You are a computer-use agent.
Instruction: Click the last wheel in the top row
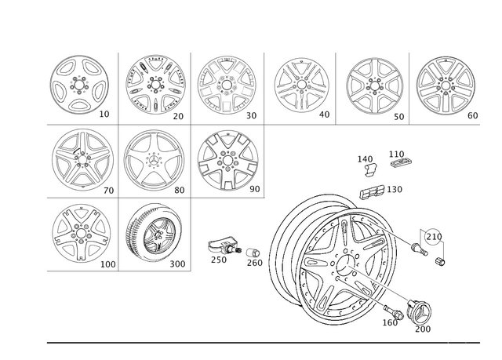[x=445, y=85]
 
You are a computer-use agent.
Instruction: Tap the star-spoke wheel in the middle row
[x=151, y=159]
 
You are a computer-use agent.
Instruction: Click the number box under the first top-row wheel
[x=107, y=116]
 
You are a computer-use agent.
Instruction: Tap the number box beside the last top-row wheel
[x=473, y=116]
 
